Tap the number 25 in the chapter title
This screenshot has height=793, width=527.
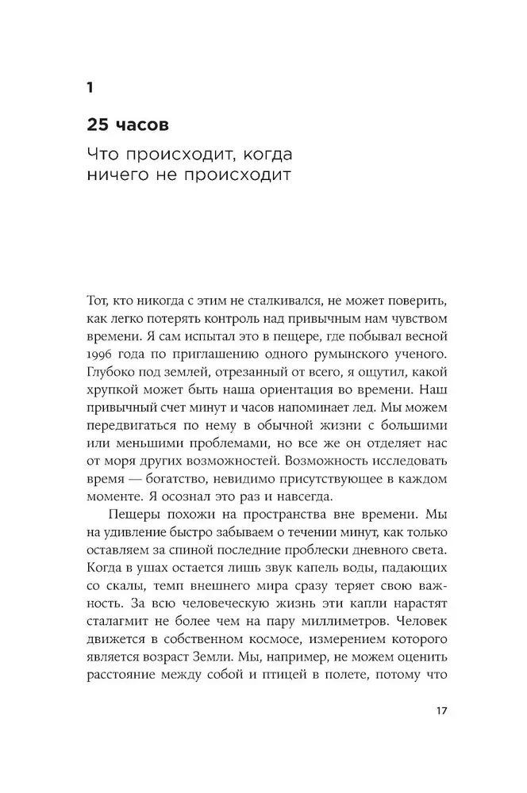click(101, 126)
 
